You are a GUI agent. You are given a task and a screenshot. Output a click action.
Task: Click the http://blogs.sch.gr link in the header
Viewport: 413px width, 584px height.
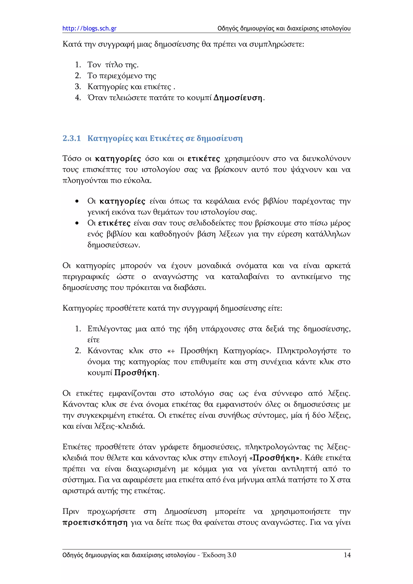tap(89, 28)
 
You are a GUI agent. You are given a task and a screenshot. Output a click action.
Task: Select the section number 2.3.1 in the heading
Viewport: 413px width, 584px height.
tap(72, 138)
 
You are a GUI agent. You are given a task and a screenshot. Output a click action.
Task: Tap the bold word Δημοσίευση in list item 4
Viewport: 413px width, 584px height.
tap(238, 98)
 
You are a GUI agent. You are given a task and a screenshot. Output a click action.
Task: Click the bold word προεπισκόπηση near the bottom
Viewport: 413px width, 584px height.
tap(95, 523)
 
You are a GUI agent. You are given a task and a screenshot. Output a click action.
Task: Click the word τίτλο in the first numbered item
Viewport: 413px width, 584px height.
tap(114, 65)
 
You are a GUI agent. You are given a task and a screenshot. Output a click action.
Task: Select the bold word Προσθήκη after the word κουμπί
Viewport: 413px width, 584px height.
tap(135, 373)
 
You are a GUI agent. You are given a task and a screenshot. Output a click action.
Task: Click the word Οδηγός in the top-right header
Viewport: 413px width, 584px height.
tap(228, 28)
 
